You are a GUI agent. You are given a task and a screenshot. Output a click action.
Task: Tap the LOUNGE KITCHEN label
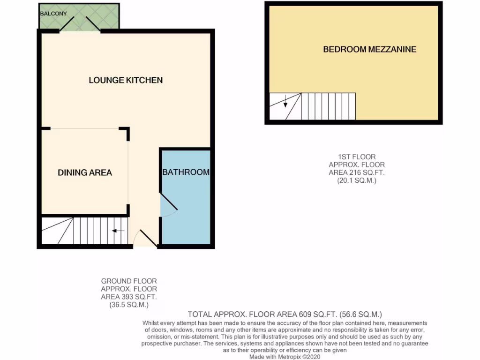tap(126, 80)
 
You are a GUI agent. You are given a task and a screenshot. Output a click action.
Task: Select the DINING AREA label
tap(85, 172)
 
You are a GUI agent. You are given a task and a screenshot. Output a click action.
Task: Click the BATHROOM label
tap(186, 172)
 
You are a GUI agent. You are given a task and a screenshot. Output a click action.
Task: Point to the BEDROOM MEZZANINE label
tap(369, 49)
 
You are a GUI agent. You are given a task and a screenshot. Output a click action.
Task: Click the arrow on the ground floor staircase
tap(118, 231)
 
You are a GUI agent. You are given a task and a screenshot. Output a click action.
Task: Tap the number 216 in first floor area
tap(350, 172)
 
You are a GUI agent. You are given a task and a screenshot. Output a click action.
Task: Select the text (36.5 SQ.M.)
tap(129, 305)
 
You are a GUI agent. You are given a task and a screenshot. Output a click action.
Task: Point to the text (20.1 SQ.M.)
tap(357, 180)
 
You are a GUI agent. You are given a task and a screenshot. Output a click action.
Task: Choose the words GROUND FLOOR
tap(129, 281)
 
